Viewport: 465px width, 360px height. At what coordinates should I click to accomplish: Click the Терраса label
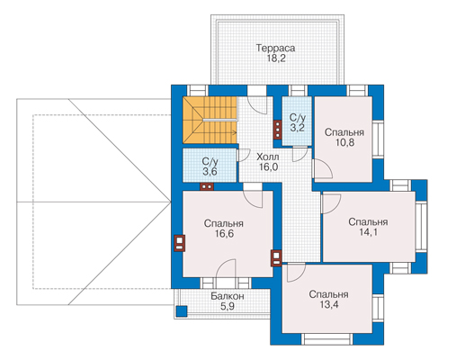(275, 48)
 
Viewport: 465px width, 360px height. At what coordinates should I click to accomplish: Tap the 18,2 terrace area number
(276, 58)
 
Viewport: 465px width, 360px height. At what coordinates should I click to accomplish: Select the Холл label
(268, 157)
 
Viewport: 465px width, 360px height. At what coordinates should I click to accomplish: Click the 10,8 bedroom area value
(344, 142)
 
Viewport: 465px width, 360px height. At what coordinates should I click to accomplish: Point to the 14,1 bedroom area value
(369, 232)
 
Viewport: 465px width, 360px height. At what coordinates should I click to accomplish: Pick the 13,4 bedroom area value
(329, 304)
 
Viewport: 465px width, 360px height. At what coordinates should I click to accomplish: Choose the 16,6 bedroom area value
(224, 233)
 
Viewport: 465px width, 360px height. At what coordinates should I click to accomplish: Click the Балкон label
(228, 296)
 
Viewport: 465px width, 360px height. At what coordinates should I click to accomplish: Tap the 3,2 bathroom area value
(297, 128)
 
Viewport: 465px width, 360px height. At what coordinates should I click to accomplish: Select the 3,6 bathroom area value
(210, 172)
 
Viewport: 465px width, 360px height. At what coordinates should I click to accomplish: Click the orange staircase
(210, 120)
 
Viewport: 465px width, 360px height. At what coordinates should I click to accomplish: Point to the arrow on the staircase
(221, 132)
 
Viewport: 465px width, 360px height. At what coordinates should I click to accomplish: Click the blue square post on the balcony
(182, 311)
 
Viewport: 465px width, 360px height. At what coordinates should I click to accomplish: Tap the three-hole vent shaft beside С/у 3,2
(277, 130)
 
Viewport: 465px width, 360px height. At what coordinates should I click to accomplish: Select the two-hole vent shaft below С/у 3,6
(207, 186)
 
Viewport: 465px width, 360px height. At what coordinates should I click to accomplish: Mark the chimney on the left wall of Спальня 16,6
(180, 243)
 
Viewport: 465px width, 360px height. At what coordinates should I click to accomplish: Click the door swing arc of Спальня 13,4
(296, 273)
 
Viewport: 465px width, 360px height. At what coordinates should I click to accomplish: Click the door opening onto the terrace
(257, 100)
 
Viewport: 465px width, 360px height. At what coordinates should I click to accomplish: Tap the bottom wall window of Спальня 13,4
(327, 339)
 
